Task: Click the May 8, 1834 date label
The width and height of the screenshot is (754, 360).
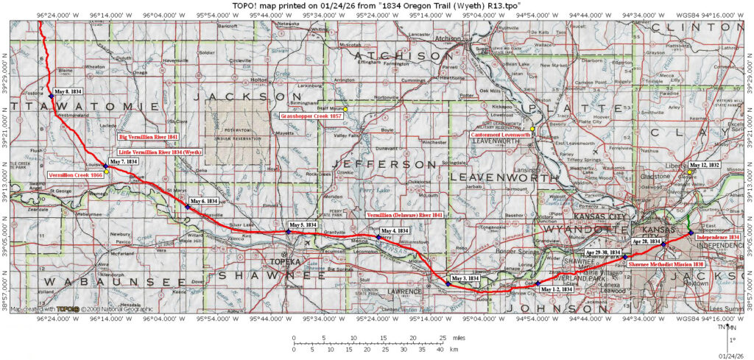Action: point(68,92)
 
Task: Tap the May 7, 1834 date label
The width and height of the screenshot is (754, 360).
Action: point(124,161)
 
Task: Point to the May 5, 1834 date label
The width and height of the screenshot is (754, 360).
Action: point(303,225)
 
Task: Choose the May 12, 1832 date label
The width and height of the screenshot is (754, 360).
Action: point(704,165)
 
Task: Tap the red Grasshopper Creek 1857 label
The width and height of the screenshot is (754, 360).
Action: point(311,116)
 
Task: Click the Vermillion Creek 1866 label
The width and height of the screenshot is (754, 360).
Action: point(74,175)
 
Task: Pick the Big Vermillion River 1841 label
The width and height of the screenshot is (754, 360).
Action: point(149,137)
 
